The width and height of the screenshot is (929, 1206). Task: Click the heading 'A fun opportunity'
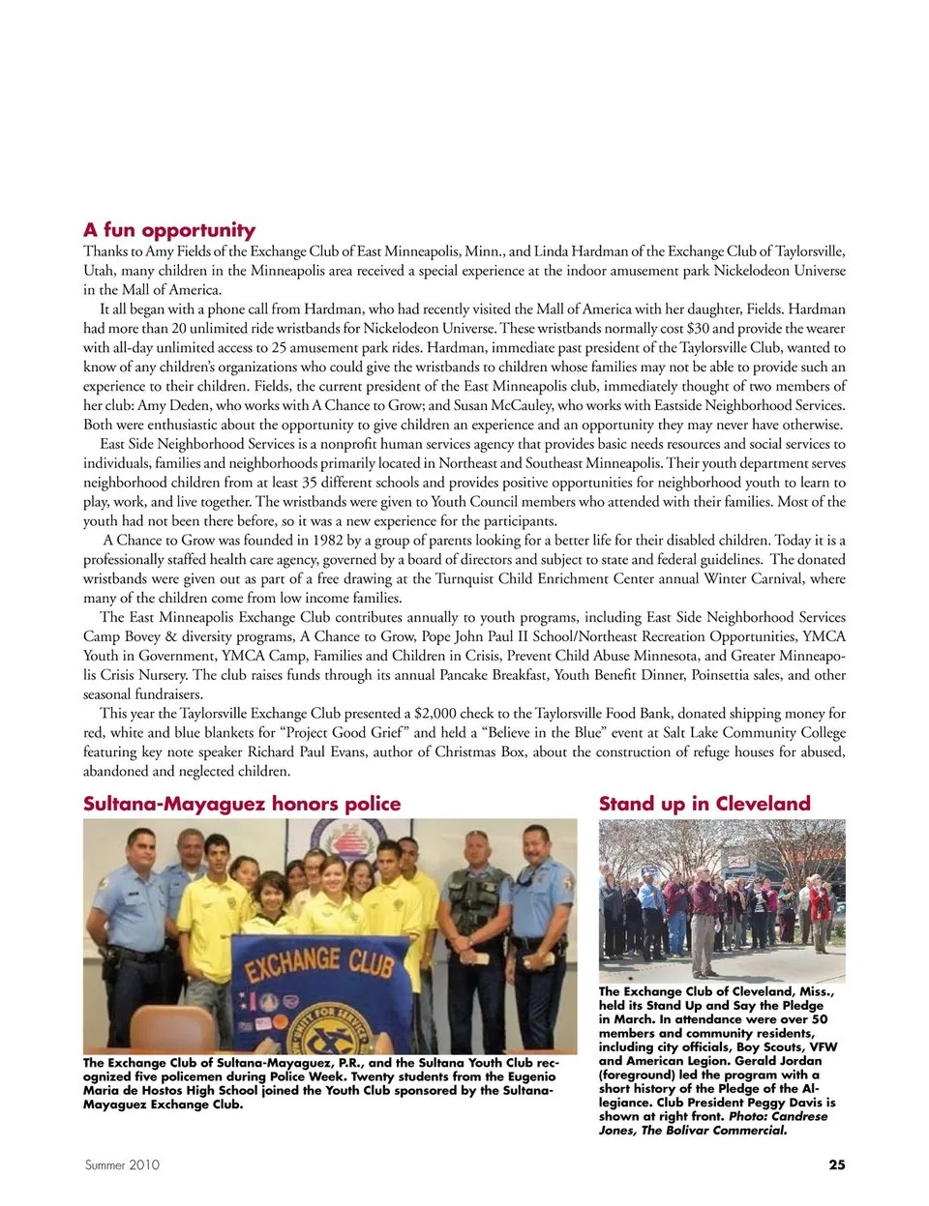[x=169, y=230]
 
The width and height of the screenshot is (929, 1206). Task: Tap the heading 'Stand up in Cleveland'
[x=704, y=804]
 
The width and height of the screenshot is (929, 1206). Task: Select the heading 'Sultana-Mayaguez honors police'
[x=242, y=804]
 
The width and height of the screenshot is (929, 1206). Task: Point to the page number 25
[x=837, y=1164]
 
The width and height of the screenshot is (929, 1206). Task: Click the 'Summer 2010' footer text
[x=122, y=1165]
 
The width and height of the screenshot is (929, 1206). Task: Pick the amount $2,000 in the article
[x=435, y=714]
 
